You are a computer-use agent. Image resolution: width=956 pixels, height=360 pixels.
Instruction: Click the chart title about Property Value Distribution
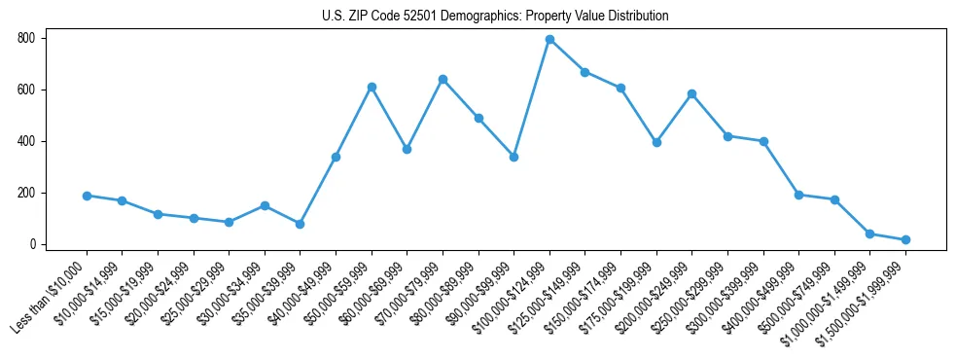tap(495, 17)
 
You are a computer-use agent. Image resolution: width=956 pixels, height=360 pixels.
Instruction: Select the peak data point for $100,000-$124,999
tap(549, 40)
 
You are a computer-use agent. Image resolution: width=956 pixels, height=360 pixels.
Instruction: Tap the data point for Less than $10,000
tap(87, 196)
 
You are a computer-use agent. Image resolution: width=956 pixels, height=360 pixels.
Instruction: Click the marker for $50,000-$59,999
tap(372, 88)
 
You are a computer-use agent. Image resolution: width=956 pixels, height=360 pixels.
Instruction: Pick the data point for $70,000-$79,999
tap(443, 80)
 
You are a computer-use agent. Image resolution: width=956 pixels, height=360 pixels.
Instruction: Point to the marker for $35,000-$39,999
tap(301, 224)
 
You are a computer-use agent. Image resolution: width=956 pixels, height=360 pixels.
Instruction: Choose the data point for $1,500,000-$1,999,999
tap(905, 239)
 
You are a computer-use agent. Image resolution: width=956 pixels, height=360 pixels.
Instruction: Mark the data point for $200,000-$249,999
tap(691, 94)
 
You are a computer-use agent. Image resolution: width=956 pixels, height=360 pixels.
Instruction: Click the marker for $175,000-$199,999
tap(656, 142)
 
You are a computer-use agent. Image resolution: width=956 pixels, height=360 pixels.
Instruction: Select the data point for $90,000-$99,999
tap(513, 157)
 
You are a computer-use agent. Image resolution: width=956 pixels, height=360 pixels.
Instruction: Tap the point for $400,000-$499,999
tap(798, 195)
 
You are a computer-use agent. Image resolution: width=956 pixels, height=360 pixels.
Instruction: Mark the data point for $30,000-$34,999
tap(265, 206)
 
